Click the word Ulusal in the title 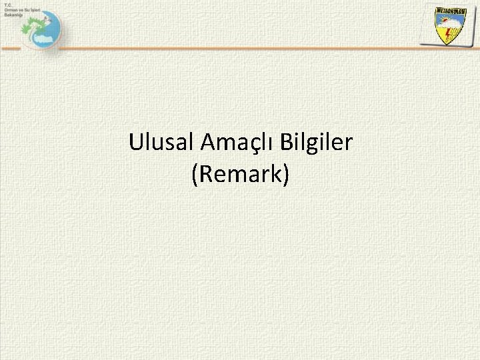(158, 142)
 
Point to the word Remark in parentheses (240, 174)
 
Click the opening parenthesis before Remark (194, 175)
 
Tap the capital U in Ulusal (136, 142)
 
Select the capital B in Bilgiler (287, 142)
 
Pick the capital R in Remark (204, 174)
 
